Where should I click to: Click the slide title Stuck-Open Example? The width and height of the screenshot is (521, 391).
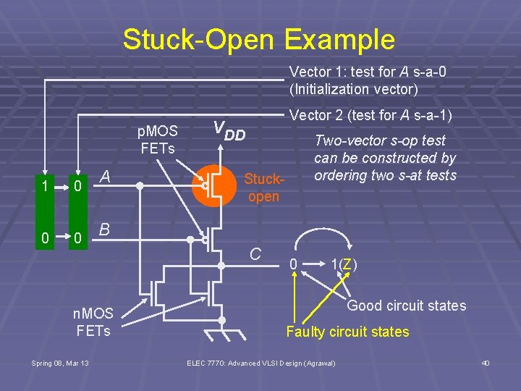coord(259,39)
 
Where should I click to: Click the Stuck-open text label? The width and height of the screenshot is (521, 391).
coord(263,187)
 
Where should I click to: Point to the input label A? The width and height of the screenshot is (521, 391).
coord(105,177)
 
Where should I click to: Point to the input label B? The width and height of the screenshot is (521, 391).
coord(105,230)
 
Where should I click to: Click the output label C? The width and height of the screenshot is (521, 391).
coord(255,253)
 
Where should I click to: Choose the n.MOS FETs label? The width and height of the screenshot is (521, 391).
coord(94,322)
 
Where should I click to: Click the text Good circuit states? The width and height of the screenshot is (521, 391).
coord(407,306)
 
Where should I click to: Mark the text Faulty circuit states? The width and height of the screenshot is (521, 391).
coord(347,332)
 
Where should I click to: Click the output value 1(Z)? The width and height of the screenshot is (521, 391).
coord(344,265)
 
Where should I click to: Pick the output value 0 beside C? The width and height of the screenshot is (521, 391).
coord(293,265)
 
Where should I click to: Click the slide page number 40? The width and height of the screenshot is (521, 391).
coord(486,363)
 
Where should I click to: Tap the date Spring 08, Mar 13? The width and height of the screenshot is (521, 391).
coord(60,363)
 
